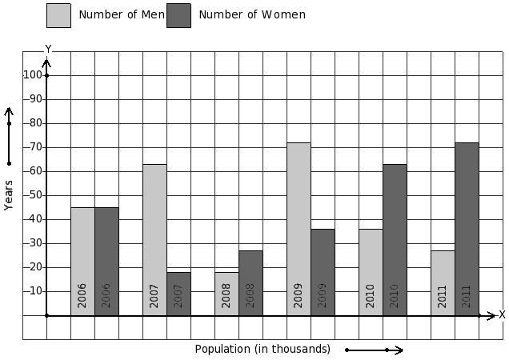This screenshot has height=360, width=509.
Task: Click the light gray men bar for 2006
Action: pos(82,262)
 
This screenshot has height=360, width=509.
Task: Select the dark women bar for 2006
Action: pos(106,262)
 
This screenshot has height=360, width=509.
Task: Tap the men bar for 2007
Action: pos(154,240)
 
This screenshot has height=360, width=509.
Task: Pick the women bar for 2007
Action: pos(178,294)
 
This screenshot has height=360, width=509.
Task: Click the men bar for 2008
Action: pos(227,294)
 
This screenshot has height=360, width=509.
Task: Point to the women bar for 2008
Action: pos(251,283)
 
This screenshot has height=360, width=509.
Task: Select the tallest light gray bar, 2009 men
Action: pos(299,229)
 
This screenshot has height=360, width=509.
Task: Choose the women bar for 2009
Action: pos(323,272)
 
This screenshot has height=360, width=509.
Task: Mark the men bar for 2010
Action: pos(371,272)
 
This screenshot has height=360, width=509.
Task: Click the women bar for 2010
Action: pos(395,240)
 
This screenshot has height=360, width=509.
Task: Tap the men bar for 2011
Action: pos(443,283)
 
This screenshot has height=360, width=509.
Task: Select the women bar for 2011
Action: pos(467,229)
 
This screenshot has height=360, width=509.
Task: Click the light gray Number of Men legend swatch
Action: pos(58,15)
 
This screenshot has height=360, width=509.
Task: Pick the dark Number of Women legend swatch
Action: pos(178,15)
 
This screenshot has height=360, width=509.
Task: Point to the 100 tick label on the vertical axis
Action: pos(33,75)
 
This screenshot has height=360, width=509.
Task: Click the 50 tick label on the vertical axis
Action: pos(36,195)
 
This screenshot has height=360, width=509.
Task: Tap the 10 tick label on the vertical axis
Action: pos(36,291)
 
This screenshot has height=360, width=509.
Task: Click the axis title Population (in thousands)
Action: pos(263,350)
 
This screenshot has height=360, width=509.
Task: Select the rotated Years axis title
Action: pos(9,195)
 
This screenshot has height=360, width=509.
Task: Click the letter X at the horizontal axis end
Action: pos(502,314)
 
